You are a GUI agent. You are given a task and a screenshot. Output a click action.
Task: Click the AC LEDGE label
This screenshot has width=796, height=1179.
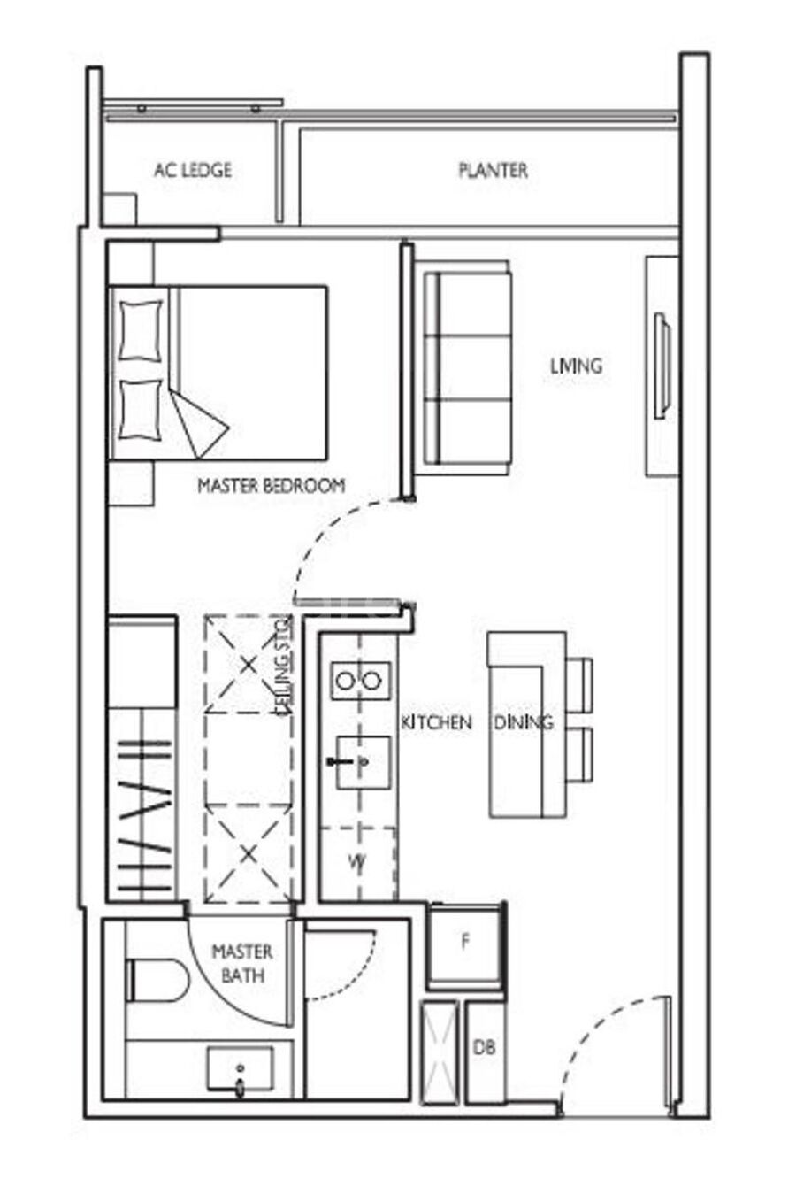click(x=193, y=170)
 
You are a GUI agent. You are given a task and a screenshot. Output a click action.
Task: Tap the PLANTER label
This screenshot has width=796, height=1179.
click(x=494, y=170)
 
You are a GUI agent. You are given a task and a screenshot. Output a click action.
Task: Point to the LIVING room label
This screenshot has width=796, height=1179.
click(x=576, y=366)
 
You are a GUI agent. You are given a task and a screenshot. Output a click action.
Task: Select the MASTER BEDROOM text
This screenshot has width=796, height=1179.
click(x=272, y=485)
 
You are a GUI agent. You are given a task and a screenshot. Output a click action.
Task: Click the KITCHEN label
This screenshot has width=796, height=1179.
click(x=436, y=722)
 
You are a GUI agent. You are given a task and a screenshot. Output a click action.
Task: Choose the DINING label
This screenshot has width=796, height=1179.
click(x=524, y=722)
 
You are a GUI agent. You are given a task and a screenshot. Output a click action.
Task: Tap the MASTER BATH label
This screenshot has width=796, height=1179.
click(x=242, y=964)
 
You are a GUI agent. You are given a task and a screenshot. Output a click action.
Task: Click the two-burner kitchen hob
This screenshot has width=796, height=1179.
click(x=360, y=681)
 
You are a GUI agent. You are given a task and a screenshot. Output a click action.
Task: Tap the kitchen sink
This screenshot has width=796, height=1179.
click(x=363, y=761)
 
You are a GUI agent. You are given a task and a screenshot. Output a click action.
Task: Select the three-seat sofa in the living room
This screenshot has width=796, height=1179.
click(x=467, y=368)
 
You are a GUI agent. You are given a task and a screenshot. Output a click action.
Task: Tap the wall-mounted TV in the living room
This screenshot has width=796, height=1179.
click(x=662, y=366)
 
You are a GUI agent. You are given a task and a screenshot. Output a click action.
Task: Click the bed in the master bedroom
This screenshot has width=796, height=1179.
click(x=218, y=373)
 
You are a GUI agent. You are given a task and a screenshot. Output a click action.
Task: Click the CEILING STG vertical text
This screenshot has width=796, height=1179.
click(x=285, y=666)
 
